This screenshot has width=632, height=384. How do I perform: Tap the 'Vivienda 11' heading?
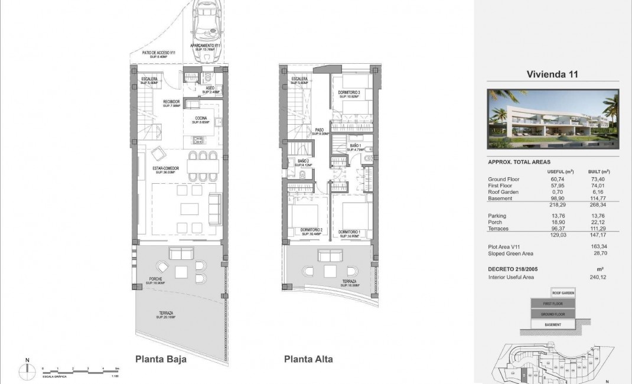click(x=552, y=74)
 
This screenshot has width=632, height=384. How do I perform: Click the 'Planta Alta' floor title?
click(x=308, y=359)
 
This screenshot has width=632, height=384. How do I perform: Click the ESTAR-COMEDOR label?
click(x=167, y=170)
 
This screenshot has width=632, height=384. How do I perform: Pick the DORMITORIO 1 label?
click(x=350, y=232)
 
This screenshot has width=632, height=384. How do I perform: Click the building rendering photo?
click(x=553, y=119)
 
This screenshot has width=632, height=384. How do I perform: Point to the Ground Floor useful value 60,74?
click(x=557, y=180)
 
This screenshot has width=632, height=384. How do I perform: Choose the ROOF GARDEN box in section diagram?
click(x=563, y=292)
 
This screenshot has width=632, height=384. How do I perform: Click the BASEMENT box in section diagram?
click(x=553, y=325)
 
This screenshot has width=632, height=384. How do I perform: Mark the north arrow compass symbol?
click(x=27, y=369)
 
